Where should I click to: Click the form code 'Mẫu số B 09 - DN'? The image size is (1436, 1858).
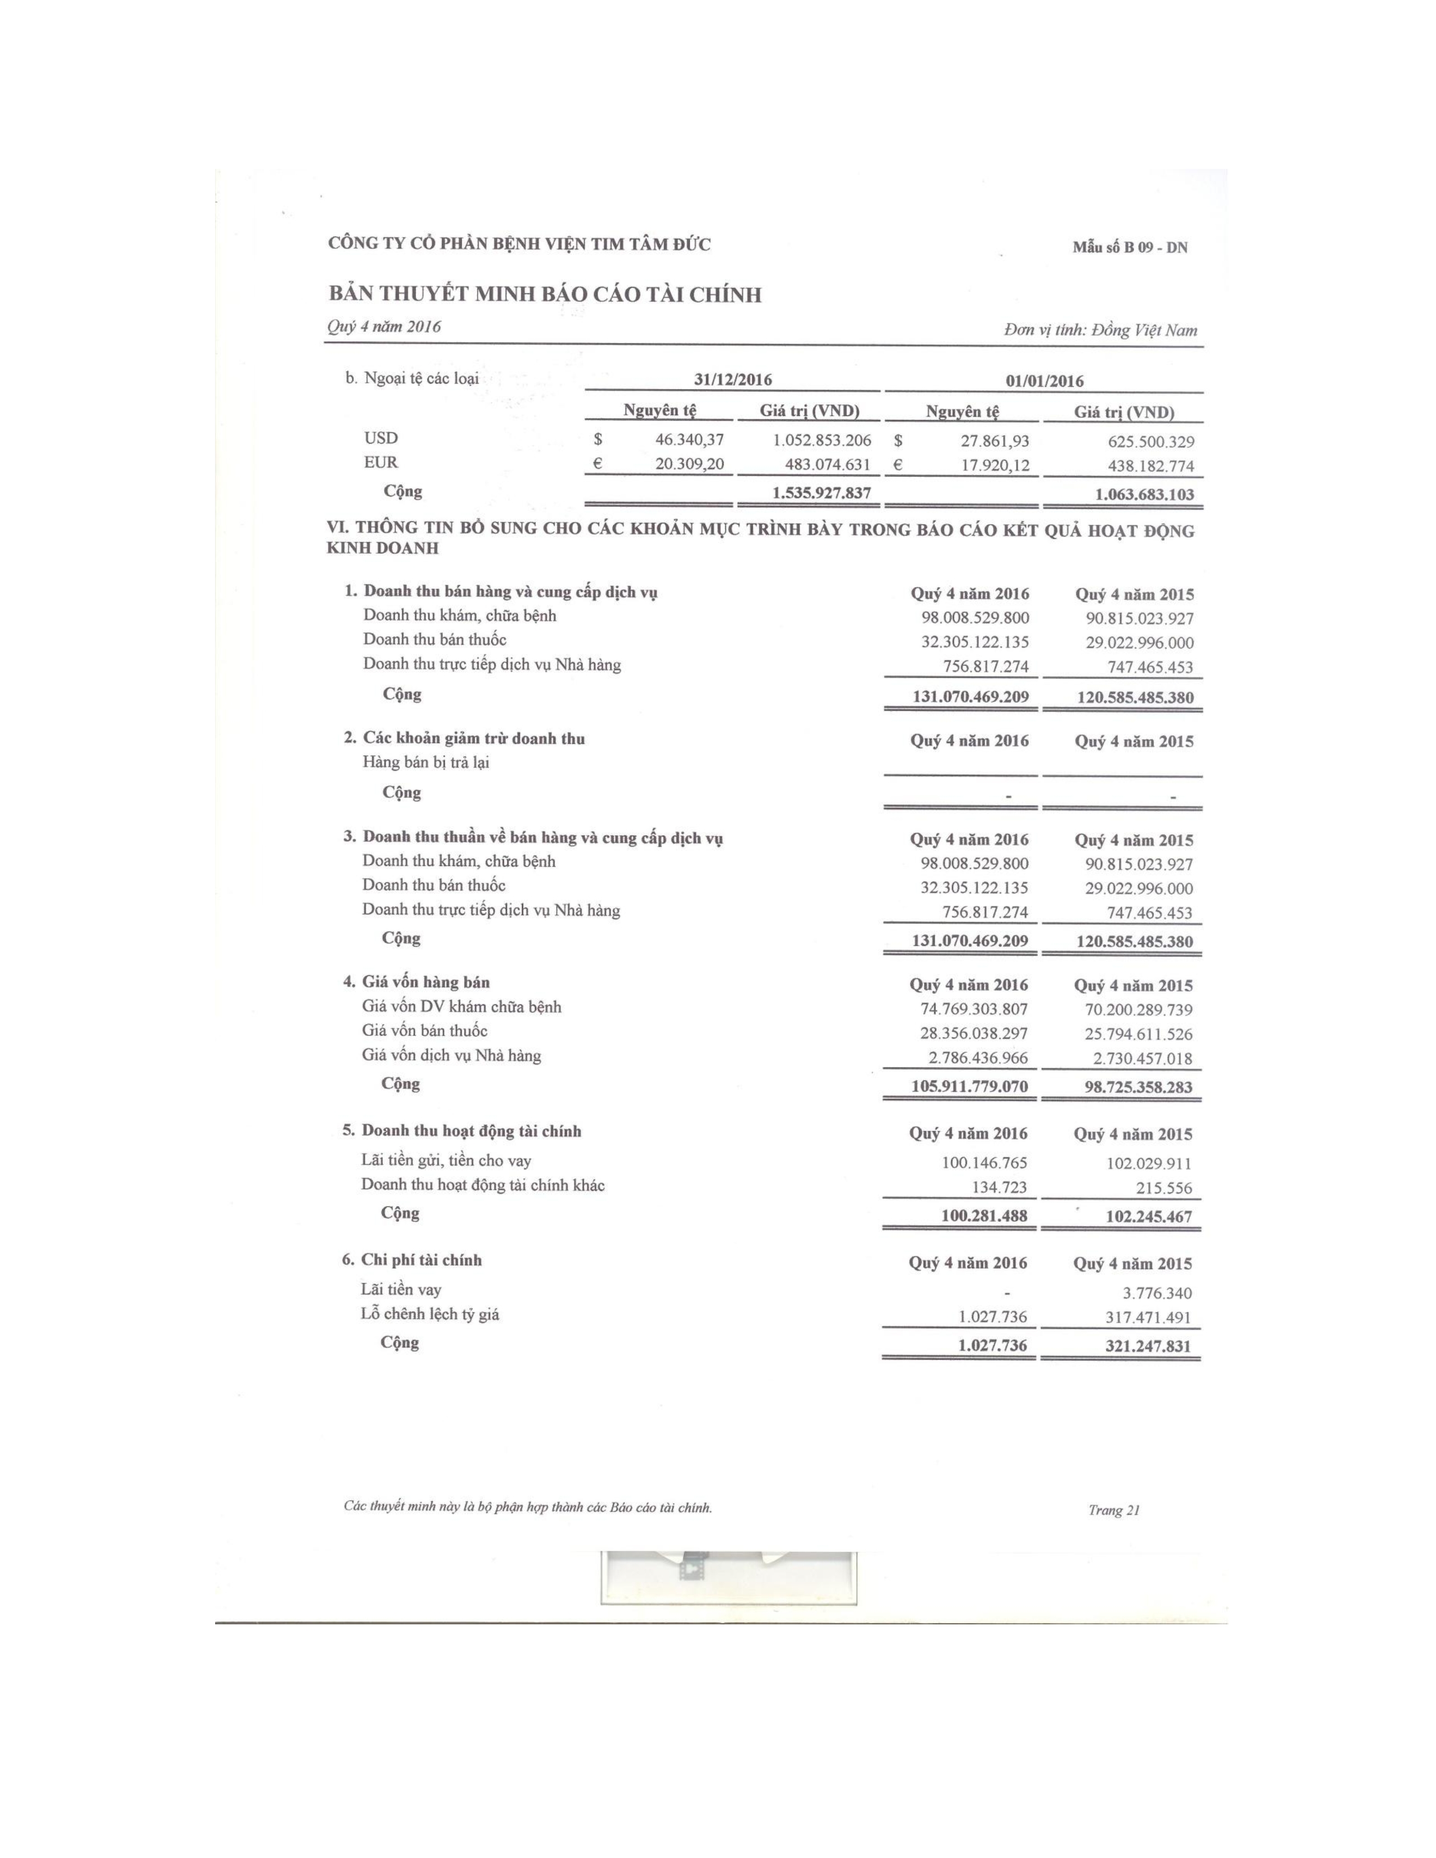tap(1130, 248)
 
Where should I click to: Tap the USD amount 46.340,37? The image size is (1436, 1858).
tap(689, 440)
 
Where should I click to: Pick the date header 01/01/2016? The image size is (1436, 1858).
tap(1045, 381)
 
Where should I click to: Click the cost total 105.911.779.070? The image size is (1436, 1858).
tap(969, 1087)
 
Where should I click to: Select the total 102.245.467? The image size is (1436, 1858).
tap(1148, 1217)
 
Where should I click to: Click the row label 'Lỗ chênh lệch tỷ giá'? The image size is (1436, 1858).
tap(430, 1314)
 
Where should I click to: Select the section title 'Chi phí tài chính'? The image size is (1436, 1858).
tap(421, 1260)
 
